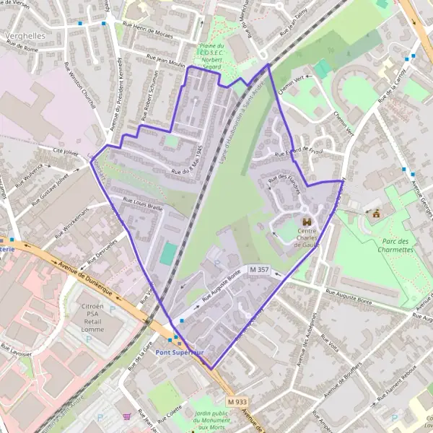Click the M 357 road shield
click(259, 269)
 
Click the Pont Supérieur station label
click(180, 352)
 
